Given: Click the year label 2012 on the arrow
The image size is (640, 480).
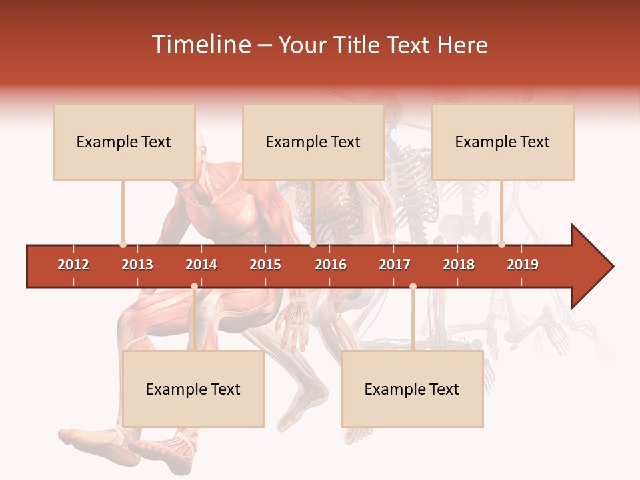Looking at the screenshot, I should [x=73, y=265].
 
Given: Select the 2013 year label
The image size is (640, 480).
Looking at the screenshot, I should [x=137, y=265].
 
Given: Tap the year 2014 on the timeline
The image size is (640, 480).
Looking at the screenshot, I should [x=201, y=265].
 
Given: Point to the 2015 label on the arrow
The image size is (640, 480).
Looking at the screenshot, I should [x=265, y=265].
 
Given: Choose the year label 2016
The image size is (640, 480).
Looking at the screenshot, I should [x=331, y=265].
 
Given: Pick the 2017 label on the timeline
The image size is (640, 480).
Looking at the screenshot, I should [x=395, y=265].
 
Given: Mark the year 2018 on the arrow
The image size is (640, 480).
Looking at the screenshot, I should [x=459, y=265].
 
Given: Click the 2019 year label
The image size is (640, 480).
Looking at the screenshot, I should [x=523, y=265].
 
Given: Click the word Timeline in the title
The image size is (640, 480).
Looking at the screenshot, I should [x=200, y=45].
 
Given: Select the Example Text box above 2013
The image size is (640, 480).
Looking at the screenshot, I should [x=124, y=141].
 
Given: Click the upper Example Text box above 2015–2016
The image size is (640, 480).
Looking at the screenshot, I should [x=313, y=141].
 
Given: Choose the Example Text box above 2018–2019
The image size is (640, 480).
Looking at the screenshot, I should [x=503, y=141].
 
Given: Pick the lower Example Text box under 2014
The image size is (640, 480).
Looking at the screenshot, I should [x=193, y=389].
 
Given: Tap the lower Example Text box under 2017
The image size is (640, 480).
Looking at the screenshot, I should [x=412, y=389].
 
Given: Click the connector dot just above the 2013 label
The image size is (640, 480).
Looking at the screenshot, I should [x=123, y=244].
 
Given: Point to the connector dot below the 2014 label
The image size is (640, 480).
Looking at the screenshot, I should [x=194, y=287].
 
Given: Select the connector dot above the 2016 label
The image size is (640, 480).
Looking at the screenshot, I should [x=313, y=244].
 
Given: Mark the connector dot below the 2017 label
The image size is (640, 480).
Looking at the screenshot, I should [x=413, y=287].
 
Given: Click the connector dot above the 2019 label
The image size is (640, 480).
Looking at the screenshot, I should [x=501, y=244].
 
